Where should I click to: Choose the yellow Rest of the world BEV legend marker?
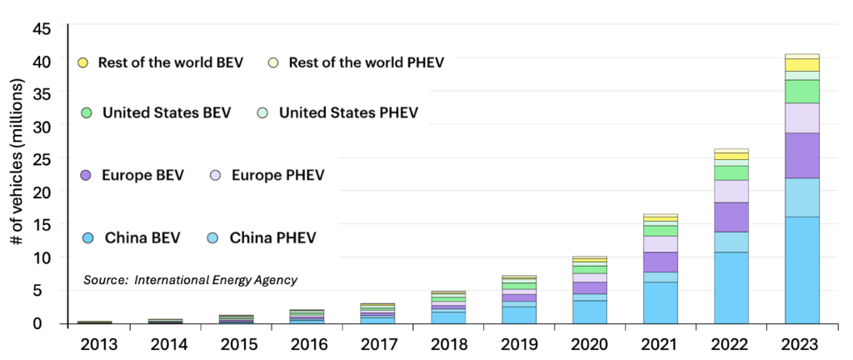82,63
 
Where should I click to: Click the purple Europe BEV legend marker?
83,176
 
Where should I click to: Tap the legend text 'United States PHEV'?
348,112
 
